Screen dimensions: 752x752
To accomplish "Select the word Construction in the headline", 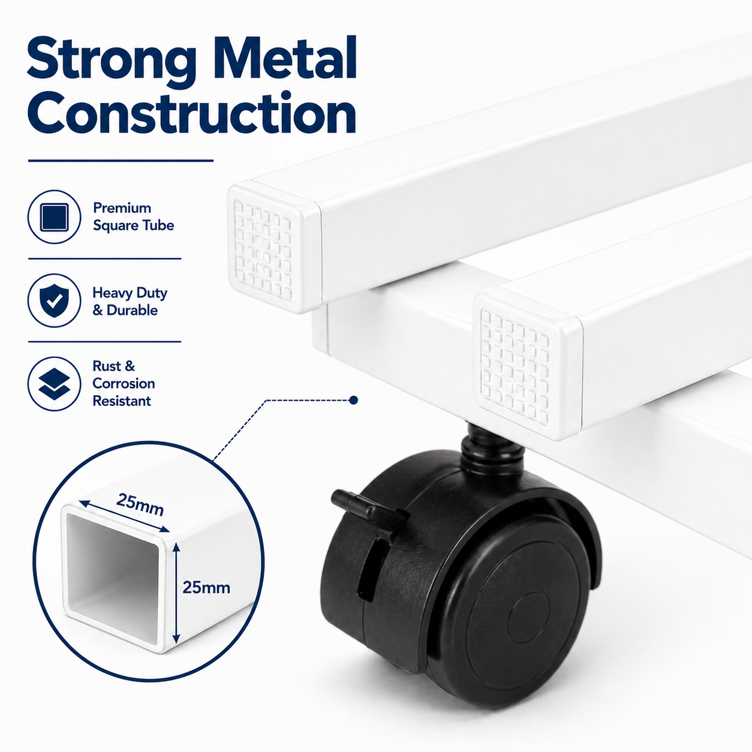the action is click(192, 113).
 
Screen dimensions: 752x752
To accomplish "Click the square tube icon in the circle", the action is click(54, 217).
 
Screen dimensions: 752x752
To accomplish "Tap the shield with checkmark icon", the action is click(54, 300).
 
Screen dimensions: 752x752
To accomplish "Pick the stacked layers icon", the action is click(54, 384).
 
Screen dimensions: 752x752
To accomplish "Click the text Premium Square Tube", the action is click(133, 216).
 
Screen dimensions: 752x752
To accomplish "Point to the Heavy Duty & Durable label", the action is click(130, 301).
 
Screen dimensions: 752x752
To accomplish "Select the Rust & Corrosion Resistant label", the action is click(124, 383).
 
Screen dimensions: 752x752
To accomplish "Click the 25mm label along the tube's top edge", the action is click(140, 504).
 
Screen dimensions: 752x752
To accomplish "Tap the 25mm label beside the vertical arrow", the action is click(206, 587).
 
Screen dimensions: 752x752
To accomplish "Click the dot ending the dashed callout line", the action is click(354, 400).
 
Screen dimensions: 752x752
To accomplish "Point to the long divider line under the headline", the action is click(121, 160).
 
